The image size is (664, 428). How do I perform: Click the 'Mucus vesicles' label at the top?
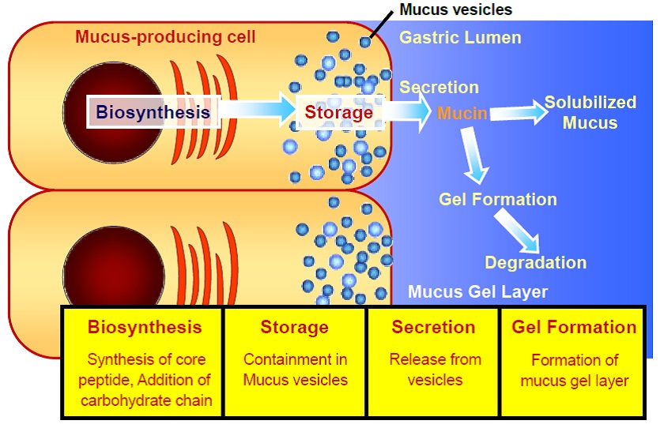point(455,10)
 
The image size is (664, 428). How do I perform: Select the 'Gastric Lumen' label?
point(460,37)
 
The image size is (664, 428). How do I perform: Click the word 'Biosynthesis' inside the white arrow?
point(153,112)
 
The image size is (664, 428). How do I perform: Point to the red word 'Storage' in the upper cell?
point(339,112)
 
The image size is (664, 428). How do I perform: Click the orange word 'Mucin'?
point(462,113)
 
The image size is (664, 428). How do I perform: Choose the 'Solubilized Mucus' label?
point(590,112)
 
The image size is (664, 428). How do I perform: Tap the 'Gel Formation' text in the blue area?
point(498,199)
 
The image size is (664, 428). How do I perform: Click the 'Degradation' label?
point(535,262)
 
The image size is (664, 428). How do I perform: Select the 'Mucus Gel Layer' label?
point(477,292)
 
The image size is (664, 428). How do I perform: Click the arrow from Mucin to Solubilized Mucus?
point(519,114)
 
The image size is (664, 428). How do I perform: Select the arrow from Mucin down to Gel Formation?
point(476,158)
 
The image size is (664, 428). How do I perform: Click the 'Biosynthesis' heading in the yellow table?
point(145,327)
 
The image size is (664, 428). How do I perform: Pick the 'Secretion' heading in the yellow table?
point(433,327)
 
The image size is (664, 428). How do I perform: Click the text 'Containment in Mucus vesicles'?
point(295,370)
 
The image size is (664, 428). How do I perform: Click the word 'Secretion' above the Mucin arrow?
point(439,87)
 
